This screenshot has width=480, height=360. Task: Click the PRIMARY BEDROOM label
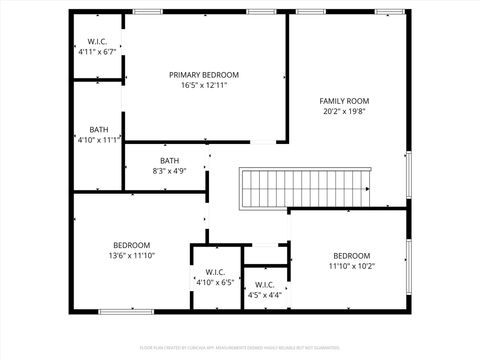click(204, 75)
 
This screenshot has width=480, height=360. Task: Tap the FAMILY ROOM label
click(345, 101)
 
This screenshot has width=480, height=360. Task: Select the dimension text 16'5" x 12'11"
click(204, 86)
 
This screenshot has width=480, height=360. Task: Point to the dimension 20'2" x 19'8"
click(345, 112)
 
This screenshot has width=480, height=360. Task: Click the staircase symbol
click(304, 188)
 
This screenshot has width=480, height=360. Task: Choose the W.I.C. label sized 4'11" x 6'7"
click(98, 41)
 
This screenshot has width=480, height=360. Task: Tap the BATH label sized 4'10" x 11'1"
click(99, 129)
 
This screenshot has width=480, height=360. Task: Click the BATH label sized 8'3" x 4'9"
click(170, 160)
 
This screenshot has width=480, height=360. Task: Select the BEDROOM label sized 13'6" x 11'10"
click(131, 245)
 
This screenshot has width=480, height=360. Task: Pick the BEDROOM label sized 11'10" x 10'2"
click(352, 255)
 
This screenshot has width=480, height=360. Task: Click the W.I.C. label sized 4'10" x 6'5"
click(215, 272)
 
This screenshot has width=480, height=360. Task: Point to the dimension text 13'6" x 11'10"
click(131, 256)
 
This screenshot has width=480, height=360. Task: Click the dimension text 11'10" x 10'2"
click(352, 266)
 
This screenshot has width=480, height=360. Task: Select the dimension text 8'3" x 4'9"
click(170, 171)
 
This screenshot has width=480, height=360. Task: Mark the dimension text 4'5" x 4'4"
click(265, 295)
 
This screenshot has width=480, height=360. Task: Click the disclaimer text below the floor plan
click(240, 348)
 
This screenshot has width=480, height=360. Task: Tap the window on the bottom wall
click(124, 312)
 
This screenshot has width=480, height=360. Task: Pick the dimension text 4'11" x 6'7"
click(98, 51)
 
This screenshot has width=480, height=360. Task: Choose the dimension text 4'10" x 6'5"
click(215, 283)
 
